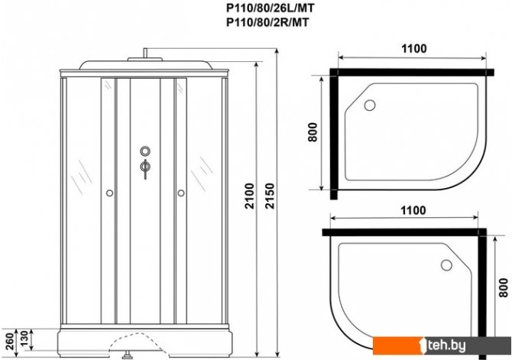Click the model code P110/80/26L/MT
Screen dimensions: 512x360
coord(271,8)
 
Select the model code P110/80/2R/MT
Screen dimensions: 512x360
coord(267,22)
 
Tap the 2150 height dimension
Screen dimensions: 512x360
coord(270,196)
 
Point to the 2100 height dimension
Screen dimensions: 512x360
coord(250,196)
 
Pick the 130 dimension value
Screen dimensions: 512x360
coord(24,339)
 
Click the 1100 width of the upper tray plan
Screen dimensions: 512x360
coord(413,49)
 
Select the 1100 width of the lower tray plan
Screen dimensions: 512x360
coord(413,210)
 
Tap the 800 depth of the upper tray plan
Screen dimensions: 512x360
coord(313,132)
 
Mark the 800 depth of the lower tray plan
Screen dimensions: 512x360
coord(504,287)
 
